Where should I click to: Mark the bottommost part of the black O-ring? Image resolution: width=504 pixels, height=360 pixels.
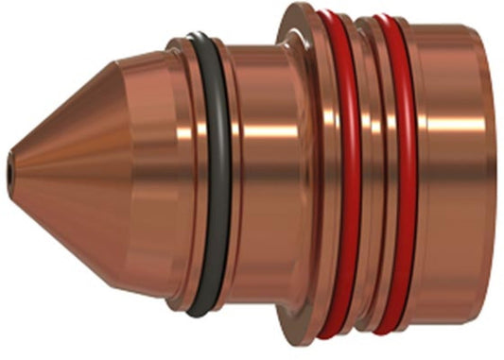(x=201, y=312)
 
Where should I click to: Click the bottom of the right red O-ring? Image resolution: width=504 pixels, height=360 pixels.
(x=388, y=334)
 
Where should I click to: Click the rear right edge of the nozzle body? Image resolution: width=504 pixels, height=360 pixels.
(x=496, y=180)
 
